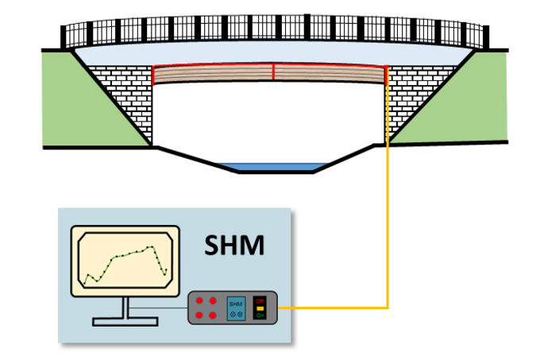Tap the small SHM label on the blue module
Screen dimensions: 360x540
[x=236, y=304]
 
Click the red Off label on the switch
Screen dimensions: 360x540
[x=260, y=300]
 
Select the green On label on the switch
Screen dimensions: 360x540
[x=260, y=315]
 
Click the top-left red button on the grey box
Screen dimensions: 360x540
[x=199, y=300]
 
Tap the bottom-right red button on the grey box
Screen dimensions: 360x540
[x=212, y=315]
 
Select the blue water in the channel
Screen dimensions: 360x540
[x=272, y=167]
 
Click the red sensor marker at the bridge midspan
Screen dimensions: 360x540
[x=273, y=72]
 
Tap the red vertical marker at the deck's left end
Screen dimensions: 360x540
[x=153, y=75]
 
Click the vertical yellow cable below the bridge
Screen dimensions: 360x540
[x=387, y=223]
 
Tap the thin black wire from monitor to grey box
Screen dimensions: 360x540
[x=159, y=308]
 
